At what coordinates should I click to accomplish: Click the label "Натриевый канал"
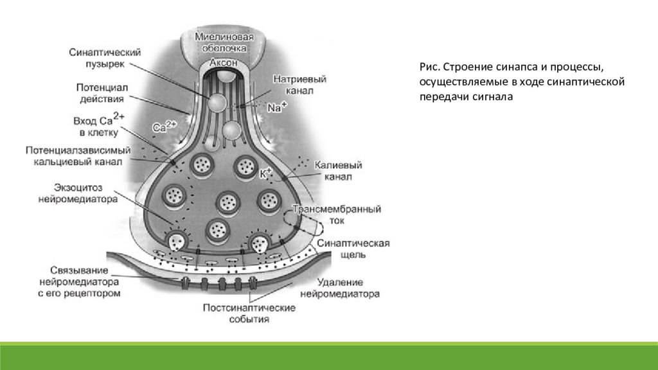tap(300, 85)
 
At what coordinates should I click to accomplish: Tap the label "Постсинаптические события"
tap(249, 313)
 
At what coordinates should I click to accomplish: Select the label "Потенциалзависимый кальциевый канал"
tap(78, 155)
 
